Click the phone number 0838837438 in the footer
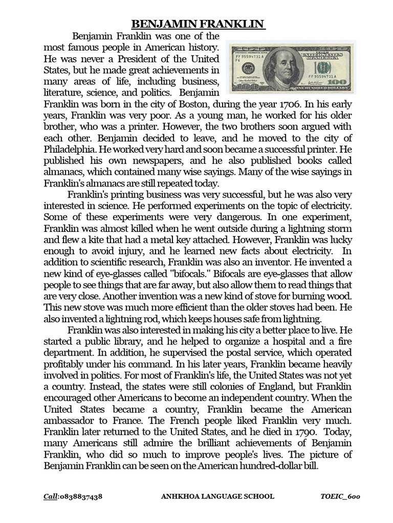81,496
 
